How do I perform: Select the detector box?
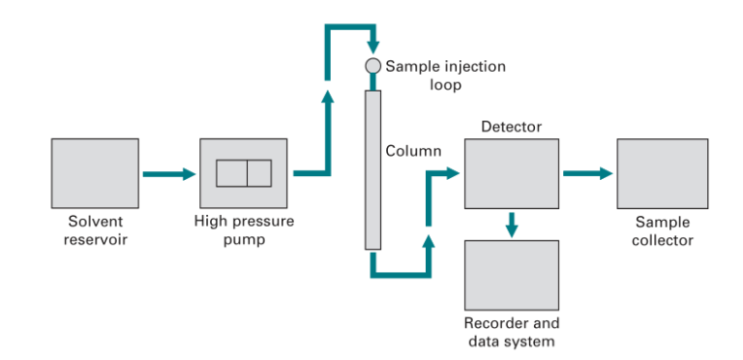point(511,173)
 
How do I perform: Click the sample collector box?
point(662,173)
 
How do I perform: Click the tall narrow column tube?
point(371,170)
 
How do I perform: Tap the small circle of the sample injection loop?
point(371,66)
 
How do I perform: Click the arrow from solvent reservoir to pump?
point(167,174)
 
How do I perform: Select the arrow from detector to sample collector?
point(587,174)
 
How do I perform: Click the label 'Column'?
point(413,151)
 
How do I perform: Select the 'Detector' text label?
point(511,127)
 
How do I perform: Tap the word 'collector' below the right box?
point(662,239)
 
